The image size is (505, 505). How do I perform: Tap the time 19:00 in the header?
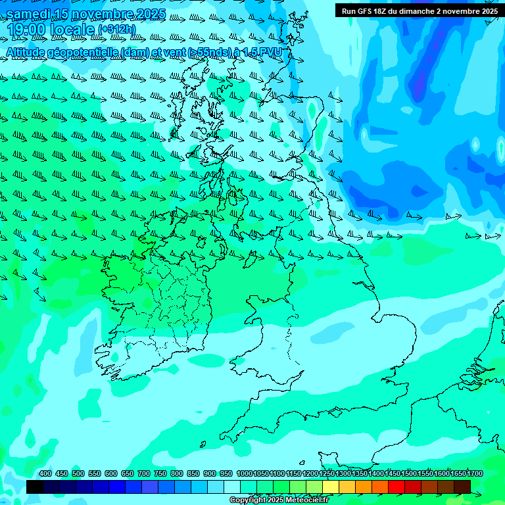(x=28, y=30)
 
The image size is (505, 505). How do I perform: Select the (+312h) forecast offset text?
(x=116, y=30)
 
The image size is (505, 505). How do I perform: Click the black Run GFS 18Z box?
(x=419, y=11)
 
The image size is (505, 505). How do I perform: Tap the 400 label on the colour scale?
(x=45, y=474)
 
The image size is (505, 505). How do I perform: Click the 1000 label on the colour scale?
(x=245, y=474)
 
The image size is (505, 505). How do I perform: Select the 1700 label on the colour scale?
(x=475, y=474)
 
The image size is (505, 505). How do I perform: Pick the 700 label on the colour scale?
(x=143, y=474)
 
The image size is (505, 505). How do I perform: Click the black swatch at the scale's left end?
(x=35, y=487)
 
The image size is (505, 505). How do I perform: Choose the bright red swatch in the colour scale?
(x=397, y=487)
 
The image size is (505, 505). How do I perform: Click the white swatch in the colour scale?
(x=232, y=487)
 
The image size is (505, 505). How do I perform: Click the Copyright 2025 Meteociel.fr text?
(x=279, y=500)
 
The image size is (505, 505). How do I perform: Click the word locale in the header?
(x=73, y=30)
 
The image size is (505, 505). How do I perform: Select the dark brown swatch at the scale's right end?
(x=462, y=487)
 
